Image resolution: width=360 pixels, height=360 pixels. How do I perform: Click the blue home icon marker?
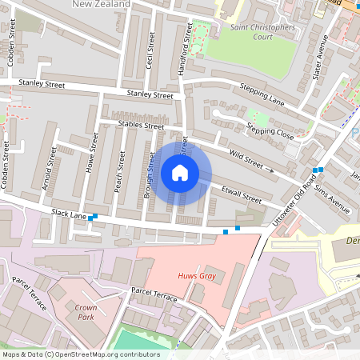180,173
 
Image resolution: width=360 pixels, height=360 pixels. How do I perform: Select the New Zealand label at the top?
101,4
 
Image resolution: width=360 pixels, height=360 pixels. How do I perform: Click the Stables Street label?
140,126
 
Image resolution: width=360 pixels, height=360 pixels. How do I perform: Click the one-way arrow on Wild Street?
270,170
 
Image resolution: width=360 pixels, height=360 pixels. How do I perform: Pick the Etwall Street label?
241,194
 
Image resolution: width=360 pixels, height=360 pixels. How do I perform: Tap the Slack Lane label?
68,214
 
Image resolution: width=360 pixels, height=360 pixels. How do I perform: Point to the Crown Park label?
86,311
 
